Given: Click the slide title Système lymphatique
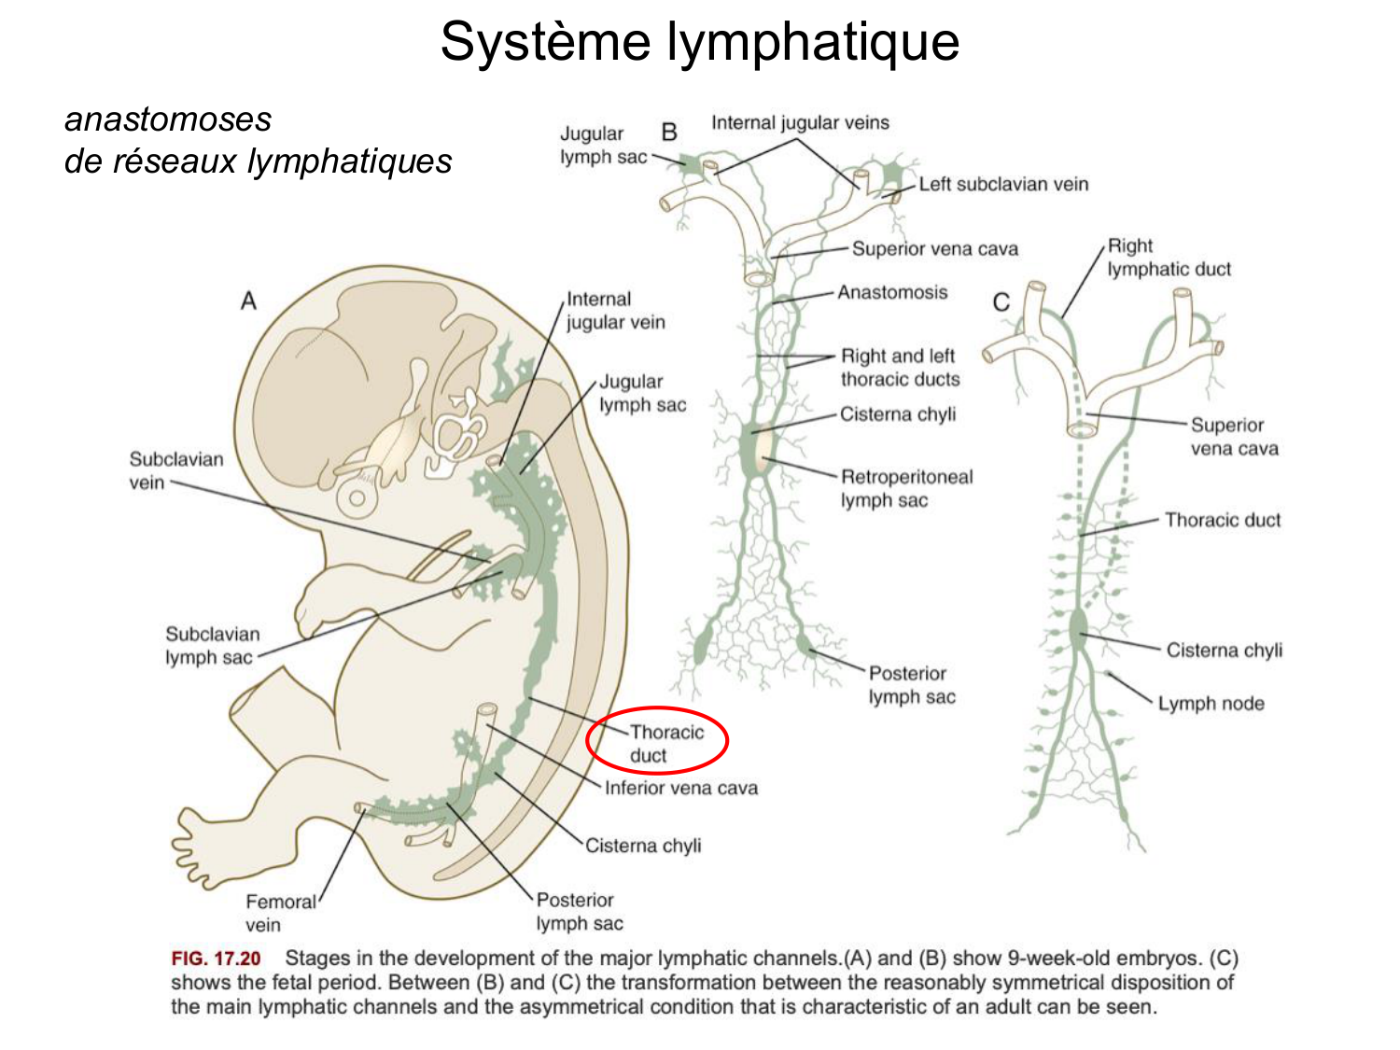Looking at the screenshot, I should click(699, 42).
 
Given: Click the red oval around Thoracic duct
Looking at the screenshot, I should click(657, 740).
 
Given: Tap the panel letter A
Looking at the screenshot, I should click(248, 301).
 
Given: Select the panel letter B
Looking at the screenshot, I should click(668, 132).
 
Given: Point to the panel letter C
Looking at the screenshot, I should click(1001, 302).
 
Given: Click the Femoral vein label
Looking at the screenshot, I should click(280, 913).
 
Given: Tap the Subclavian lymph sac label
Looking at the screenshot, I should click(212, 645).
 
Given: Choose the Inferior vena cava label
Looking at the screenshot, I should click(680, 788).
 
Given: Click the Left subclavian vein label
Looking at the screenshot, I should click(1003, 184).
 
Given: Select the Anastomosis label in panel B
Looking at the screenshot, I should click(891, 292).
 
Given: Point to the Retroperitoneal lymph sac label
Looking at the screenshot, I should click(906, 488).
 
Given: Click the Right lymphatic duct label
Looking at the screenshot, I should click(1169, 258).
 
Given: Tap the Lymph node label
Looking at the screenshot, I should click(1211, 703).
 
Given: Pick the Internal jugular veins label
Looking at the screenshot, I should click(800, 122).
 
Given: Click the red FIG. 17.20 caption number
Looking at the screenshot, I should click(216, 959).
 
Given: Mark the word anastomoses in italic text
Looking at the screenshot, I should click(168, 119).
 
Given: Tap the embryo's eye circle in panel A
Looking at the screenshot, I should click(357, 497).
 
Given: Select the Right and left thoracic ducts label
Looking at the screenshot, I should click(899, 367).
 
